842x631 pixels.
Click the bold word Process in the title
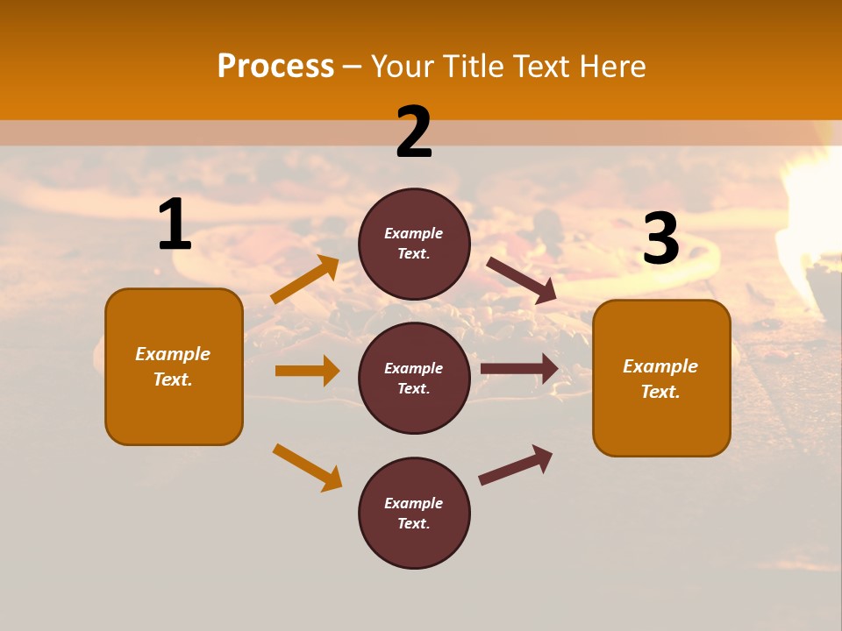point(275,66)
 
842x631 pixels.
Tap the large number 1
point(175,225)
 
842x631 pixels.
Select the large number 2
point(414,132)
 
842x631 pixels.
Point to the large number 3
point(660,238)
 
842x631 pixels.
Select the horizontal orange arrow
point(307,371)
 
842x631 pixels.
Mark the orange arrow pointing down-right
point(307,467)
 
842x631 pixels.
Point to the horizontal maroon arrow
point(519,368)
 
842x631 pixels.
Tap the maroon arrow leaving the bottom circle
point(516,465)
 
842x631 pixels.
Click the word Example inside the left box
point(173,354)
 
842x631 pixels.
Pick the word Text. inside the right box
point(660,392)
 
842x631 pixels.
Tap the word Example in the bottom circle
point(414,503)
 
